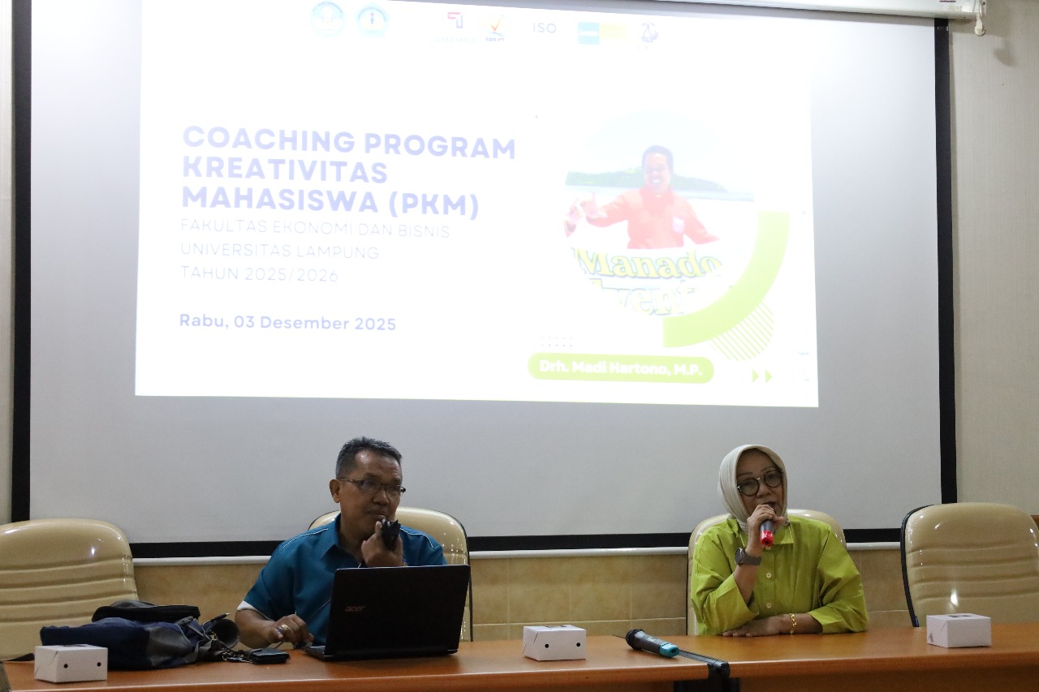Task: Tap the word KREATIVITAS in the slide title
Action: click(x=284, y=170)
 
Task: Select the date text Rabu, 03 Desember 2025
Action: click(x=287, y=323)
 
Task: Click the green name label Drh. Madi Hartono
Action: click(x=620, y=368)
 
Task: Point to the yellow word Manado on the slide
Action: click(x=649, y=264)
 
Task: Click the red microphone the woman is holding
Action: click(x=766, y=531)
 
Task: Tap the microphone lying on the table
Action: click(x=651, y=643)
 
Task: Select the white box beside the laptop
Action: click(x=554, y=642)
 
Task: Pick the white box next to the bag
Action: click(x=71, y=662)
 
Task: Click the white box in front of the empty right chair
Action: click(x=959, y=630)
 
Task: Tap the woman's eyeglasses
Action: click(x=760, y=484)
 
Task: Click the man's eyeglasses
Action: click(x=374, y=487)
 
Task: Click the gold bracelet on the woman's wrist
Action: click(x=792, y=623)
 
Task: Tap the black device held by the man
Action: click(x=390, y=531)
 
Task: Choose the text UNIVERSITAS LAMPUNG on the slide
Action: click(x=279, y=252)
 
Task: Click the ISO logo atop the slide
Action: click(x=544, y=28)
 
